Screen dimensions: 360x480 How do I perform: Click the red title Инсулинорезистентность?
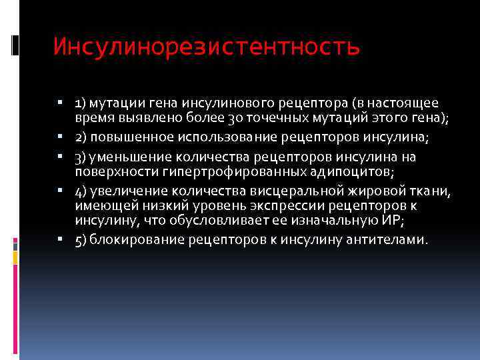pyautogui.click(x=207, y=47)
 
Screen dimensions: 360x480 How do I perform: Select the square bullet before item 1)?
pyautogui.click(x=59, y=103)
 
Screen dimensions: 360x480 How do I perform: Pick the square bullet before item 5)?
pyautogui.click(x=59, y=238)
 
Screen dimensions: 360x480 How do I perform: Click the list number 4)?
pyautogui.click(x=80, y=192)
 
